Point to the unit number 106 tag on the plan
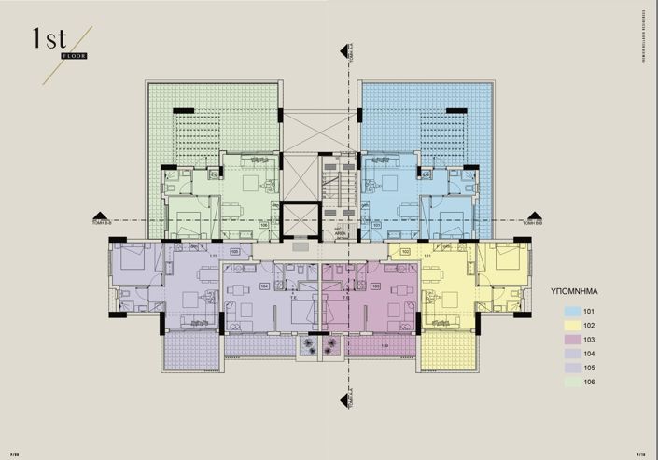click(x=264, y=225)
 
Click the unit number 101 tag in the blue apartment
click(x=377, y=225)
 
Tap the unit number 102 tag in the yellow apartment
click(x=406, y=251)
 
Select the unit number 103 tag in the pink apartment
click(x=376, y=286)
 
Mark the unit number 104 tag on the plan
click(x=264, y=286)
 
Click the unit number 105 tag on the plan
click(x=234, y=251)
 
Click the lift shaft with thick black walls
click(x=301, y=219)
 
